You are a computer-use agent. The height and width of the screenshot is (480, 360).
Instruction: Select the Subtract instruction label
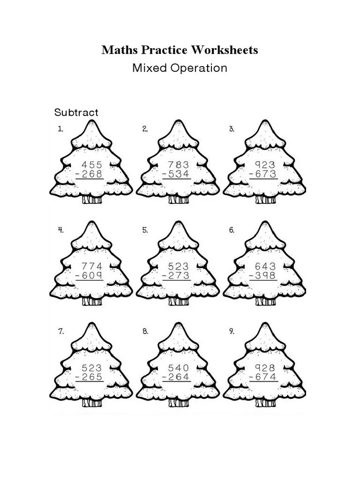click(x=76, y=112)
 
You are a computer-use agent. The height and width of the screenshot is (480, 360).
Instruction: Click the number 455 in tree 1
click(x=92, y=165)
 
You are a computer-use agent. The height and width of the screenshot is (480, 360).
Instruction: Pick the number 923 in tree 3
click(x=265, y=165)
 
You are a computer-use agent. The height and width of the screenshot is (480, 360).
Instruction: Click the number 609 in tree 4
click(x=92, y=276)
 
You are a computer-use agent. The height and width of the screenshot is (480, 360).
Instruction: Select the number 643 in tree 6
click(x=265, y=266)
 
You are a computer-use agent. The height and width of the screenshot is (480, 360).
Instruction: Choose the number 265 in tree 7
click(x=92, y=377)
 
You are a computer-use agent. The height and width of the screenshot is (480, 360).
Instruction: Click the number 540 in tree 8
click(x=179, y=367)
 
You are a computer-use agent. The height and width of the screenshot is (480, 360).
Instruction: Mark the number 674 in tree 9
click(x=265, y=377)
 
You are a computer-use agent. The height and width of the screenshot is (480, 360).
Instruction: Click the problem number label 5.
click(x=145, y=230)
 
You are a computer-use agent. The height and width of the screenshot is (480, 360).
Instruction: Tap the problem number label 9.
click(x=232, y=331)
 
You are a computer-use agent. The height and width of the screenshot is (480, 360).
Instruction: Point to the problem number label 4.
click(x=60, y=230)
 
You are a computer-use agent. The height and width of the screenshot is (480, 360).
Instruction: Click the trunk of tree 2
click(x=179, y=200)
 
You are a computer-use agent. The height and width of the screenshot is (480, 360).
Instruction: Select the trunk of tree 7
click(x=92, y=403)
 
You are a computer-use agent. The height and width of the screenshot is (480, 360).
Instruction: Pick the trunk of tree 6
click(x=265, y=301)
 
